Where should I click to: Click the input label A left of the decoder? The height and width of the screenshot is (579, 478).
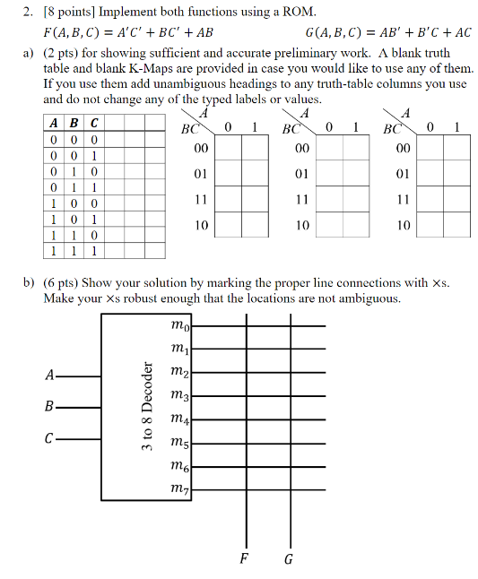click(x=48, y=374)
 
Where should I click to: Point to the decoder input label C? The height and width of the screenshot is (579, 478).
click(x=48, y=439)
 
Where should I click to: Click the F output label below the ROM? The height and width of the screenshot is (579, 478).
click(x=243, y=560)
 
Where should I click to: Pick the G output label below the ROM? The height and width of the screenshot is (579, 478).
click(x=288, y=560)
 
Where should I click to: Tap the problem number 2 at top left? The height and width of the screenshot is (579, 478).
click(x=29, y=11)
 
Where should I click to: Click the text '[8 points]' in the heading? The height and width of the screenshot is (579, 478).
click(x=71, y=11)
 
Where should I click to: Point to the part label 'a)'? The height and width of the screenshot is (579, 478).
click(x=29, y=53)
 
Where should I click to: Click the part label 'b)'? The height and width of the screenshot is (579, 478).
click(x=29, y=282)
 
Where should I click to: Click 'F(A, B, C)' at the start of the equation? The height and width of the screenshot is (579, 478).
click(x=70, y=33)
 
